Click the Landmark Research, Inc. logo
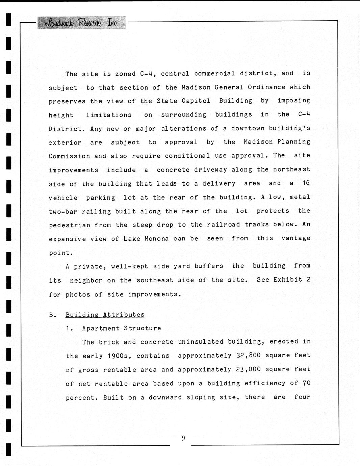(82, 23)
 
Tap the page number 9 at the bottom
(183, 438)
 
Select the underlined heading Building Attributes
(105, 315)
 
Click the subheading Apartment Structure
(122, 328)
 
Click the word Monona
(156, 239)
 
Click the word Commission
(69, 156)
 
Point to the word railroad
(224, 225)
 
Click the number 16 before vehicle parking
(306, 183)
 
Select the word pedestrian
(70, 225)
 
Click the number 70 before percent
(306, 383)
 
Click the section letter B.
(52, 315)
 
